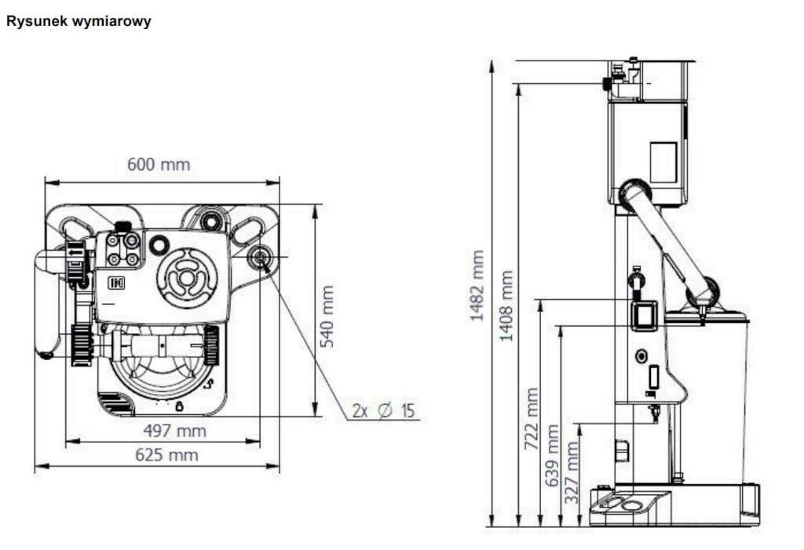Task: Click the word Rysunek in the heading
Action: pyautogui.click(x=37, y=21)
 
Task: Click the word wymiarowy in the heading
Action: pyautogui.click(x=111, y=21)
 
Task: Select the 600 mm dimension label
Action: pyautogui.click(x=159, y=165)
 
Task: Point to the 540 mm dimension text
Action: pyautogui.click(x=327, y=316)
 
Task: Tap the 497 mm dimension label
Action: pyautogui.click(x=175, y=431)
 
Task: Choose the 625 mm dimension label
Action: pyautogui.click(x=166, y=455)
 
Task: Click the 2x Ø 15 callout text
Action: pyautogui.click(x=383, y=410)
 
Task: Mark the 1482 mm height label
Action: pyautogui.click(x=477, y=286)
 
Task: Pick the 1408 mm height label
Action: pyautogui.click(x=506, y=306)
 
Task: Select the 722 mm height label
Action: pyautogui.click(x=532, y=419)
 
